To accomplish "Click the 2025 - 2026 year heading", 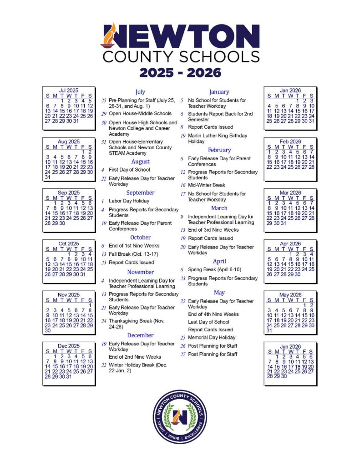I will click(x=180, y=72).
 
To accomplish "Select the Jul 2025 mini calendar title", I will click(x=69, y=91).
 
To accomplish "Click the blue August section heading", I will click(x=140, y=162).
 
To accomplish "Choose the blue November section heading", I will click(x=140, y=272).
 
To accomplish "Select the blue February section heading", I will click(x=219, y=150).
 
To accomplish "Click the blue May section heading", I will click(x=219, y=293).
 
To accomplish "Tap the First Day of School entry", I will click(x=129, y=170).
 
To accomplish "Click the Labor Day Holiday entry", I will click(x=129, y=201).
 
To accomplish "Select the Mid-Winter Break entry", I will click(x=207, y=185).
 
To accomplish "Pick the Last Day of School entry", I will click(x=209, y=322).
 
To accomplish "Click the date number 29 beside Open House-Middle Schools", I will click(x=104, y=114).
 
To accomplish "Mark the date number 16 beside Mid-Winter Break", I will click(x=182, y=185).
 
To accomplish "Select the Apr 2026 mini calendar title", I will click(x=290, y=243).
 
